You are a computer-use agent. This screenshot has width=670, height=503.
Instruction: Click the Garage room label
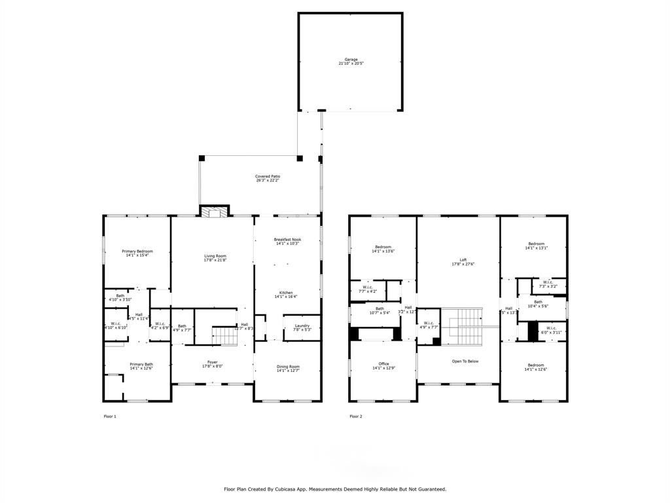[x=351, y=60]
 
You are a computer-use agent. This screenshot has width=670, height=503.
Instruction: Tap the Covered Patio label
[x=268, y=176]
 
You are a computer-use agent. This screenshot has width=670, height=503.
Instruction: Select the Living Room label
[x=215, y=256]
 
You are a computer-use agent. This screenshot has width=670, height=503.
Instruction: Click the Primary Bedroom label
[x=137, y=251]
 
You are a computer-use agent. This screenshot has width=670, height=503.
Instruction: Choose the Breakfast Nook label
[x=288, y=240]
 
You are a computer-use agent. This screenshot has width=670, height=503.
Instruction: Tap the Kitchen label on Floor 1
[x=286, y=293]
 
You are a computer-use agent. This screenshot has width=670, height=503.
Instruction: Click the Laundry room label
[x=302, y=326]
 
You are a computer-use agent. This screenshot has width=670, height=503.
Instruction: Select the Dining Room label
[x=288, y=367]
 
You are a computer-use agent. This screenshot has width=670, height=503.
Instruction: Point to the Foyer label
[x=213, y=362]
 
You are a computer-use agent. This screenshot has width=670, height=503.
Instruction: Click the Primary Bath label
[x=141, y=364]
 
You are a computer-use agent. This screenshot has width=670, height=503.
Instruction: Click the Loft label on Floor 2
[x=463, y=260]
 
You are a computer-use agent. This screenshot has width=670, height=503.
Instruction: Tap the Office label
[x=383, y=364]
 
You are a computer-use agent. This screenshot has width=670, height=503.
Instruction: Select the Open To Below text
[x=465, y=361]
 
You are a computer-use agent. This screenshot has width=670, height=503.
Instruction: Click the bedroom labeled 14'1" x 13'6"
[x=383, y=247]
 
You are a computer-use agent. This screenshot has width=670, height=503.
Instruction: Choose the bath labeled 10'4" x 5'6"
[x=538, y=302]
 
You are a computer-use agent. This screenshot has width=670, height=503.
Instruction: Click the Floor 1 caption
[x=110, y=417]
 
